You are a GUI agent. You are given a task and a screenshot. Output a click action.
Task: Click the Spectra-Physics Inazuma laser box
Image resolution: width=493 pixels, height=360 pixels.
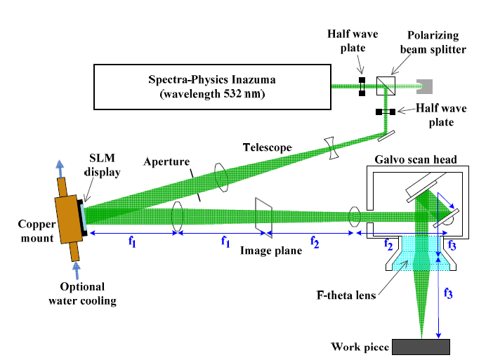click(x=211, y=86)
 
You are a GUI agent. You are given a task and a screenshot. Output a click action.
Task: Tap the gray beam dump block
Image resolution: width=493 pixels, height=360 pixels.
click(x=425, y=86)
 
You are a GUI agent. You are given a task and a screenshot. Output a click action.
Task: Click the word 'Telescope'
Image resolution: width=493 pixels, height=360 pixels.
click(x=268, y=147)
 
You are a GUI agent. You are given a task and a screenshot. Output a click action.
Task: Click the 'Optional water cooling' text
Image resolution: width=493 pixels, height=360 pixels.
click(x=82, y=294)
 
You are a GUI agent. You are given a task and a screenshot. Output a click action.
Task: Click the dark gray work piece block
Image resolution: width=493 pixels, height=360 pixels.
click(x=421, y=347)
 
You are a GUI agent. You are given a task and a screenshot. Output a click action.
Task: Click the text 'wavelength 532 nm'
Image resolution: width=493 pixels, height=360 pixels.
click(x=211, y=94)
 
